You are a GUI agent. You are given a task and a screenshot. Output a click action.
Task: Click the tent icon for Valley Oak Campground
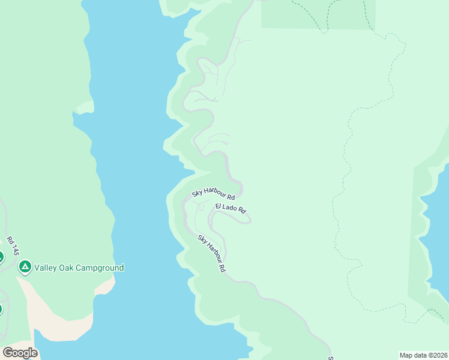(25, 268)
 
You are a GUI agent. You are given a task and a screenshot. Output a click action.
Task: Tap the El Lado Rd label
(231, 208)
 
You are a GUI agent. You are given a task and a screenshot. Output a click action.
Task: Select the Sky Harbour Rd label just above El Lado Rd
(213, 193)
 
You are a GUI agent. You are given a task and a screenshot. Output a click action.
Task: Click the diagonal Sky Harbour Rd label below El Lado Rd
(211, 254)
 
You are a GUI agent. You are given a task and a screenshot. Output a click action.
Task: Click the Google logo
(20, 353)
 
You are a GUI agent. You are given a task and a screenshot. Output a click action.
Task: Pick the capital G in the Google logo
(8, 353)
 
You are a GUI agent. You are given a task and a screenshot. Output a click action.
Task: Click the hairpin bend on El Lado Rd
(249, 220)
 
